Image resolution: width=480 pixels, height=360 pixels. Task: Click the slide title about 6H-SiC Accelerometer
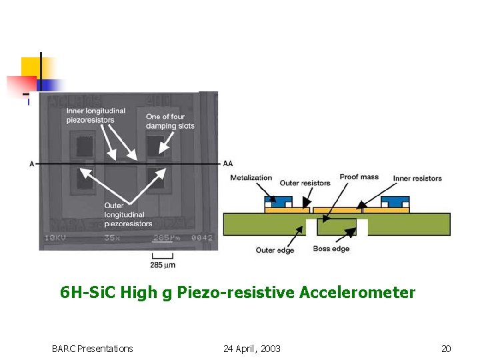tap(237, 293)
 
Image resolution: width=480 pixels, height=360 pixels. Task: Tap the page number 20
tap(446, 349)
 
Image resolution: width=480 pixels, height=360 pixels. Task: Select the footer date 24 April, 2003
tap(252, 349)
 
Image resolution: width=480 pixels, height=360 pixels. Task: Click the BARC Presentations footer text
tap(92, 349)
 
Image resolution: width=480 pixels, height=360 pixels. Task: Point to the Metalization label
tap(251, 177)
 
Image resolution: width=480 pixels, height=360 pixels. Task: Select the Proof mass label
tap(359, 177)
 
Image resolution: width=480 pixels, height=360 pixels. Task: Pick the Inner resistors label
tap(417, 178)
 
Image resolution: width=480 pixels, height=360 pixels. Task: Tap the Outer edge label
tap(275, 250)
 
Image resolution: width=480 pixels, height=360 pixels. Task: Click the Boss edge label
tap(331, 249)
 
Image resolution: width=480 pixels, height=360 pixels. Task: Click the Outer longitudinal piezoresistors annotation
tap(128, 214)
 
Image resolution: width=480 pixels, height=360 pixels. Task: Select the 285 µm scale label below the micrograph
tap(163, 265)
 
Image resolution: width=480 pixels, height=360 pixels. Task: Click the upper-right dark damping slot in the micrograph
tap(155, 145)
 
